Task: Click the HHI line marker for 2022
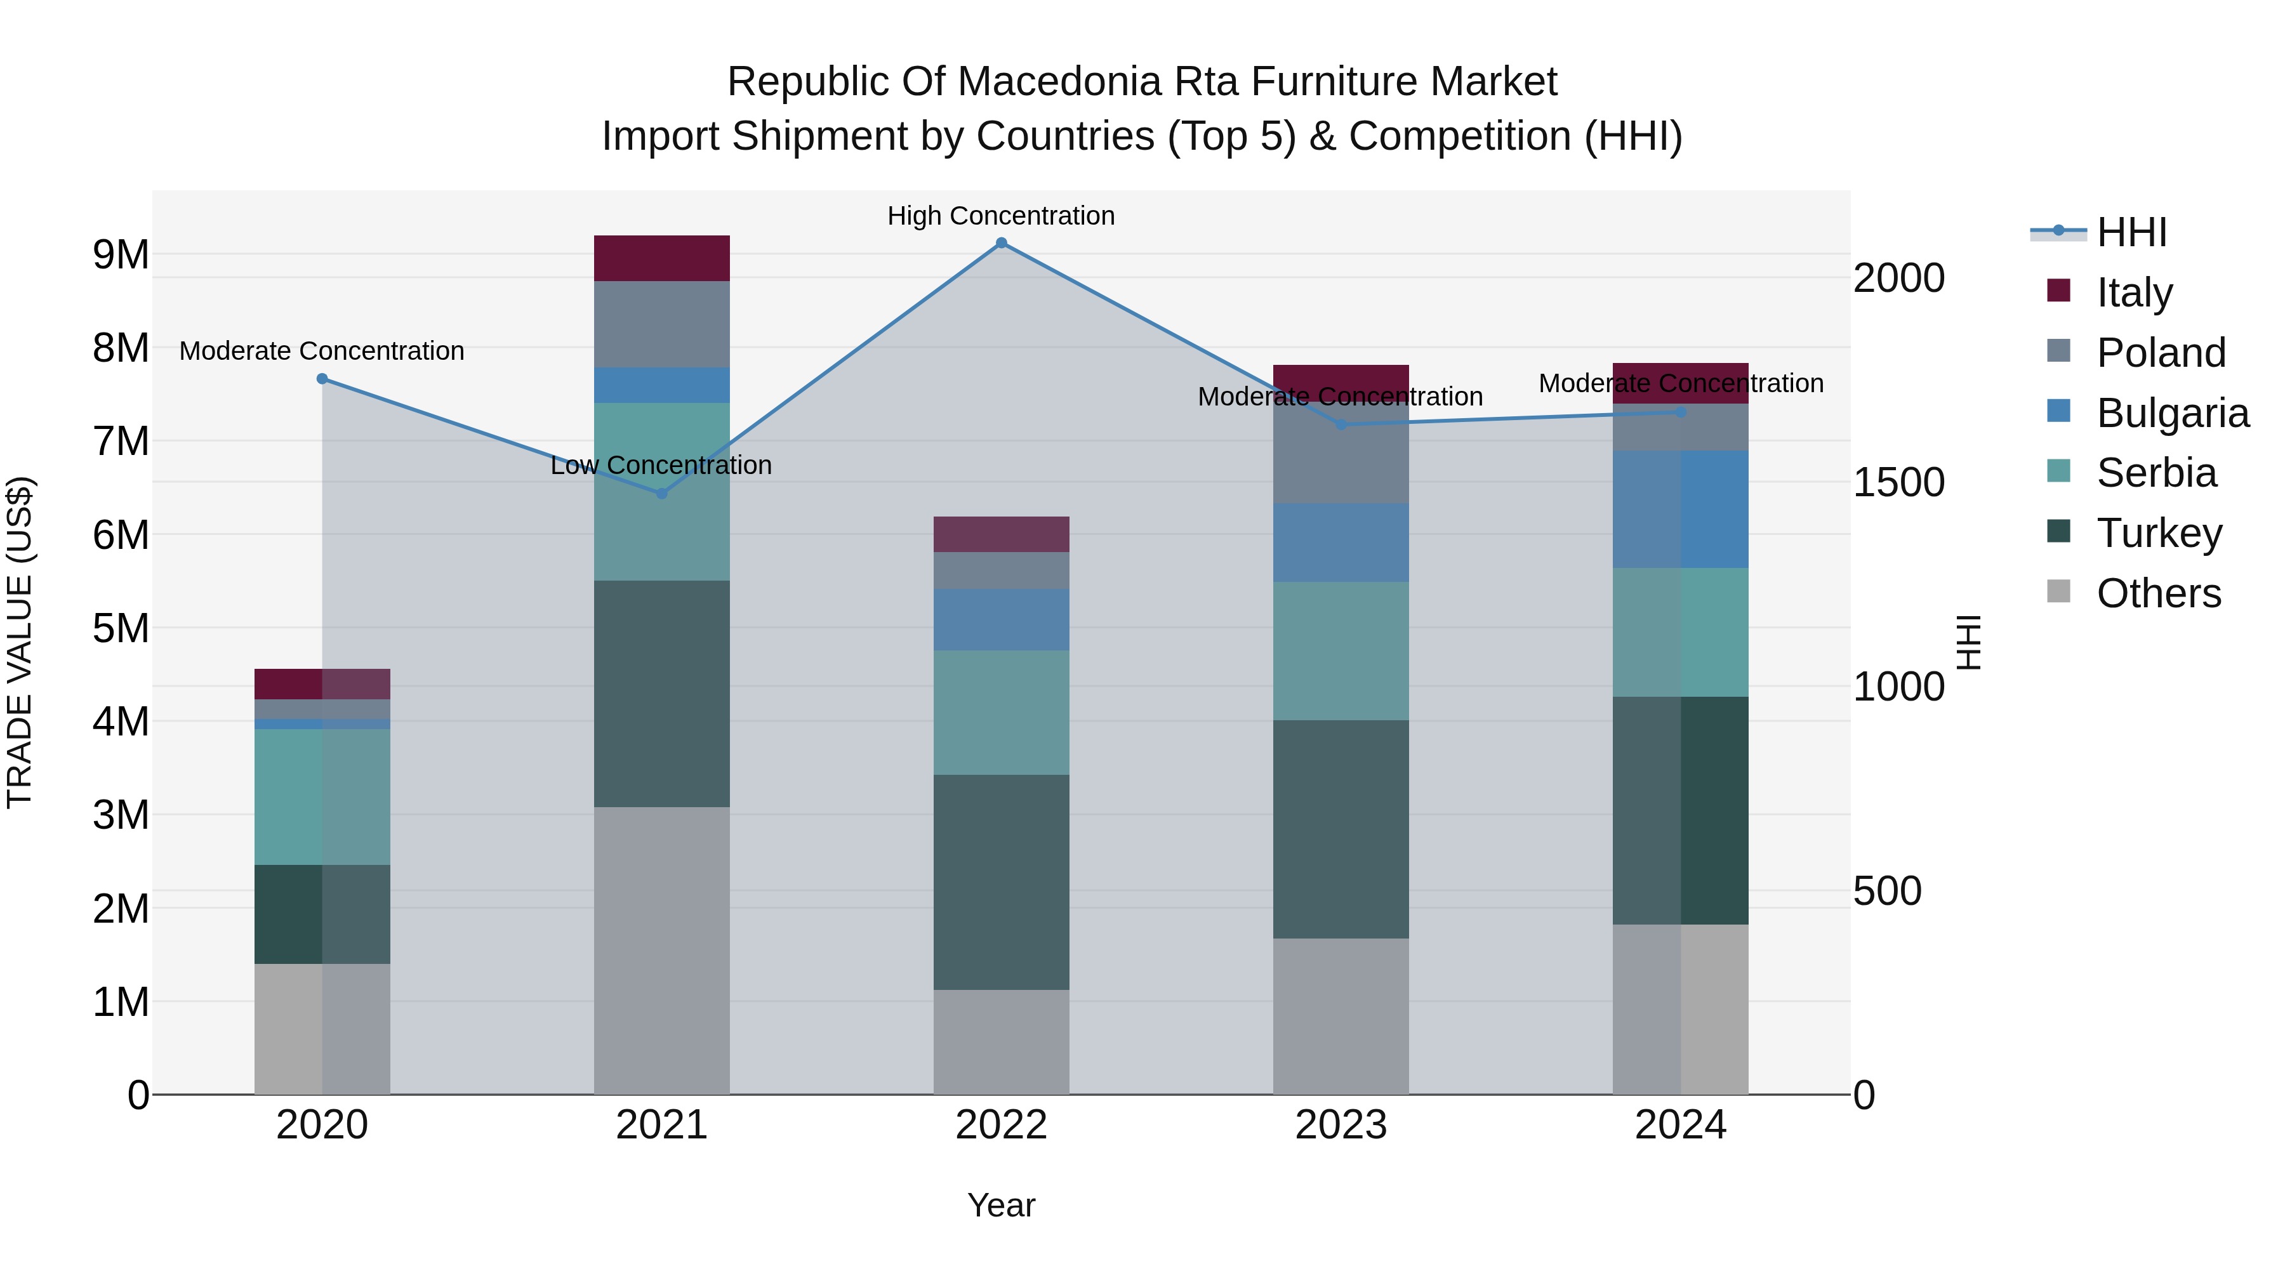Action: pos(1002,243)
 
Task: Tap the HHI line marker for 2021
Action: pos(662,493)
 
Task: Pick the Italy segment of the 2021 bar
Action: pos(662,258)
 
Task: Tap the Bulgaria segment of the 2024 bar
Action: pos(1680,509)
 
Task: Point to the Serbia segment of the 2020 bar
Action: pos(322,796)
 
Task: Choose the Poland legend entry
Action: pos(2161,353)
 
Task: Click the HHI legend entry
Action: pos(2131,232)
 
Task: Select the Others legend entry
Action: pos(2158,593)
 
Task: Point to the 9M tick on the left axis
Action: pos(121,254)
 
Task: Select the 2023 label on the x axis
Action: pos(1341,1125)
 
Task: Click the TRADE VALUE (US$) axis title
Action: pos(20,642)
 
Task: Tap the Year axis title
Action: pos(1002,1205)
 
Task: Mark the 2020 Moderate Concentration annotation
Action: pos(322,351)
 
